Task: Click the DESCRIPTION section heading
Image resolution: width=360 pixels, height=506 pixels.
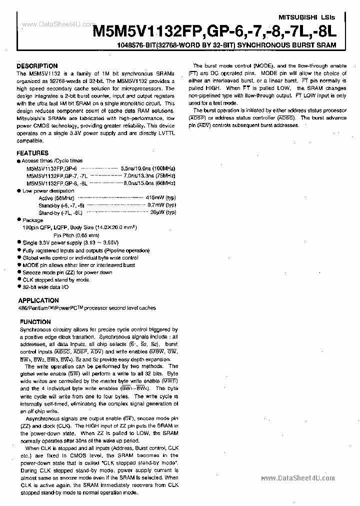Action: point(37,65)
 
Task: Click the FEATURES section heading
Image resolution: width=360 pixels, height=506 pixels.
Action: point(32,153)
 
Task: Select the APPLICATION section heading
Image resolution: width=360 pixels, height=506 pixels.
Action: point(38,300)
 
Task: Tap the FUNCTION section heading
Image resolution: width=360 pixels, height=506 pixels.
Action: point(34,322)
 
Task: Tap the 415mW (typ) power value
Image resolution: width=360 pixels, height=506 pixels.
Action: point(161,198)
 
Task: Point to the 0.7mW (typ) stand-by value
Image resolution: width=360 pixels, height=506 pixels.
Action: point(162,205)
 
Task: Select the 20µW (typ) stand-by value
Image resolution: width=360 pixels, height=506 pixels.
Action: point(163,212)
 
